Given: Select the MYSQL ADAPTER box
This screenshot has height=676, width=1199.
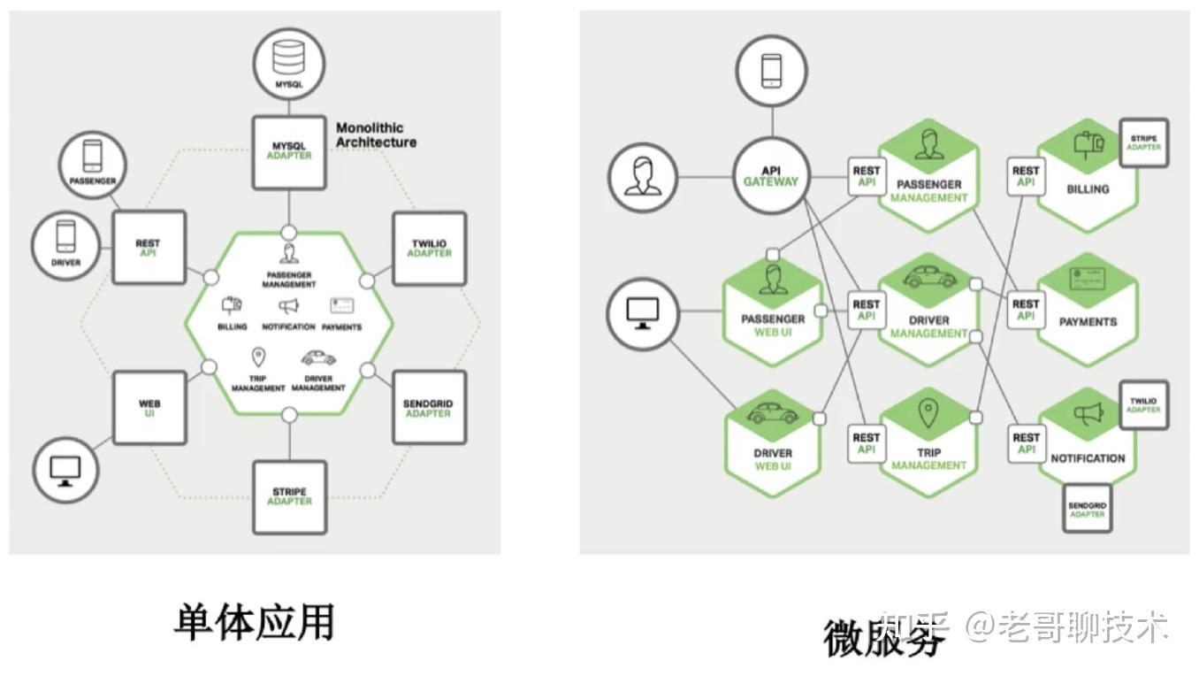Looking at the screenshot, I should coord(289,151).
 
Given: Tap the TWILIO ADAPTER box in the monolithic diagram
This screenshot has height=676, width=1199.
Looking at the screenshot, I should coord(429,249).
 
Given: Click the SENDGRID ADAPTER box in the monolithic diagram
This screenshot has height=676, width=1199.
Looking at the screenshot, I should coord(428,408).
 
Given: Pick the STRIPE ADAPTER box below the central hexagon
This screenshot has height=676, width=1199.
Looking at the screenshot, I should coord(289,496).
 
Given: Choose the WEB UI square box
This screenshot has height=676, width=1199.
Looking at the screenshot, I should coord(149,408).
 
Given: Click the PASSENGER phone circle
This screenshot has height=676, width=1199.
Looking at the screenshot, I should coord(93,165).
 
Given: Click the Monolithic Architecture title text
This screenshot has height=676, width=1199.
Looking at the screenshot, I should coord(376,135).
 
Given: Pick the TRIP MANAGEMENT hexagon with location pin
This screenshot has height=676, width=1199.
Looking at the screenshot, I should coord(928,440).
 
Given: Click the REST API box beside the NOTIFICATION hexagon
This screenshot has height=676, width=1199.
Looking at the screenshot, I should coord(1026,443).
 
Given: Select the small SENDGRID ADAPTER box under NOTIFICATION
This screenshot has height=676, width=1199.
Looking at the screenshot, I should coord(1087,509).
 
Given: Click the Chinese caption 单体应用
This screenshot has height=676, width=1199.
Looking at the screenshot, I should coord(255,621).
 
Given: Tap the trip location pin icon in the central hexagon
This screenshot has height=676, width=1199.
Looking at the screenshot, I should coord(258,357).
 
